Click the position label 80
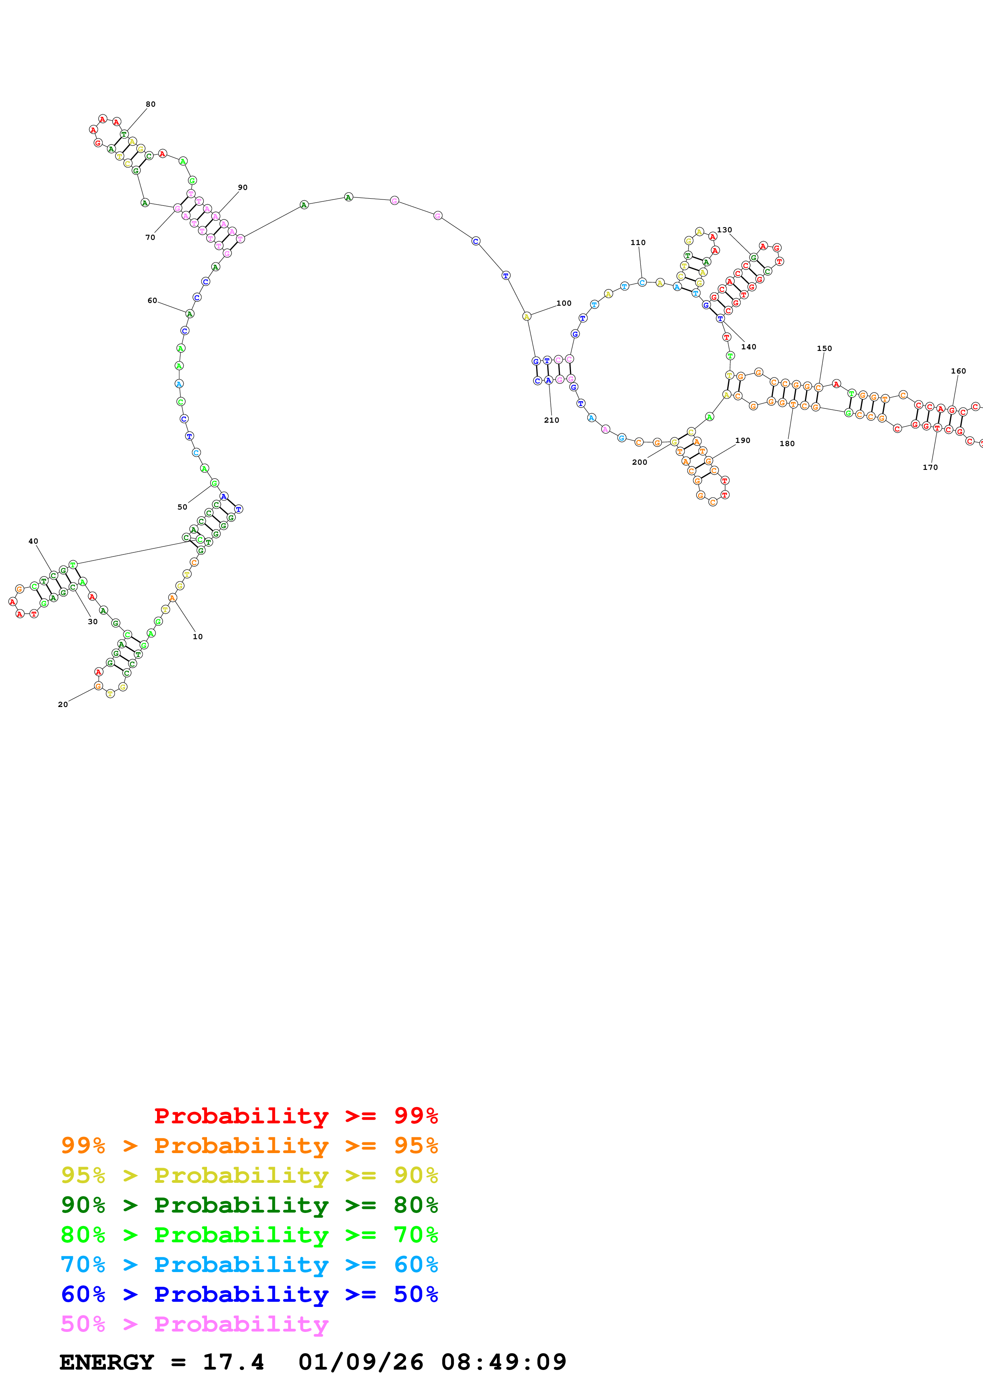pyautogui.click(x=150, y=104)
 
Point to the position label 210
pyautogui.click(x=551, y=420)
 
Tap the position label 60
pyautogui.click(x=152, y=301)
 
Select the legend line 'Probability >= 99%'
pyautogui.click(x=295, y=1115)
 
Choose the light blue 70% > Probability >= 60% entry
pyautogui.click(x=249, y=1265)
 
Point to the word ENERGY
pyautogui.click(x=107, y=1362)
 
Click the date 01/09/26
pyautogui.click(x=360, y=1362)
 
